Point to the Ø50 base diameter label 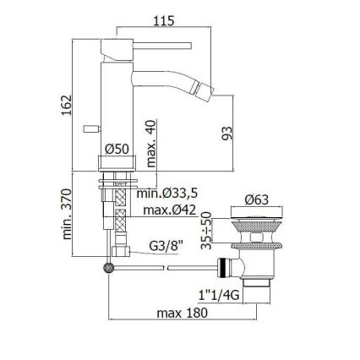(x=115, y=149)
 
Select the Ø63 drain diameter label (x=257, y=200)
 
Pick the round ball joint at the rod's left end (x=107, y=267)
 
